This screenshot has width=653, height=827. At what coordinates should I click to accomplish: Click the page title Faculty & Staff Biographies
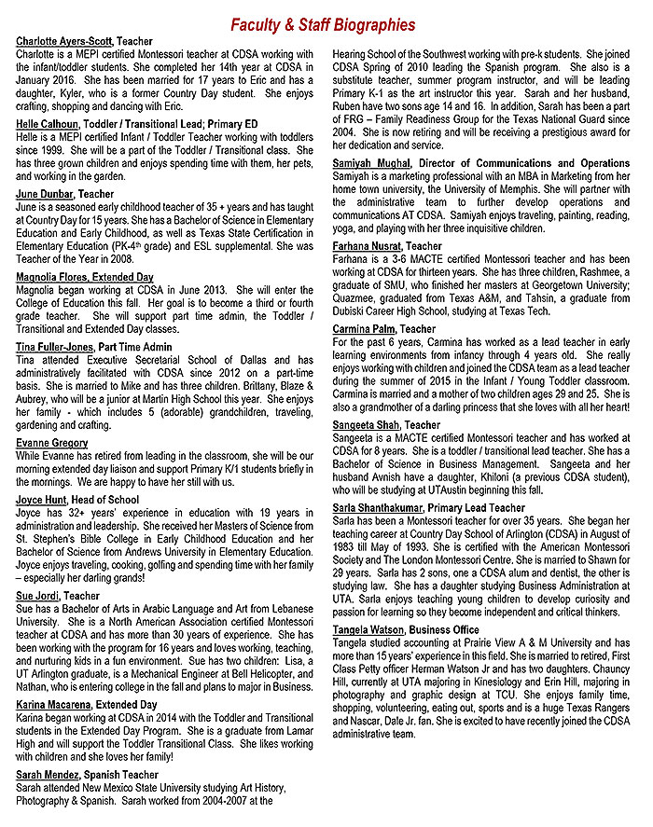point(323,24)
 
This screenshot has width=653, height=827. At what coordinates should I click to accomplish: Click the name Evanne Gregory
point(52,443)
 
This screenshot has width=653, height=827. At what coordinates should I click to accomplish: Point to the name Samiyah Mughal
point(371,164)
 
